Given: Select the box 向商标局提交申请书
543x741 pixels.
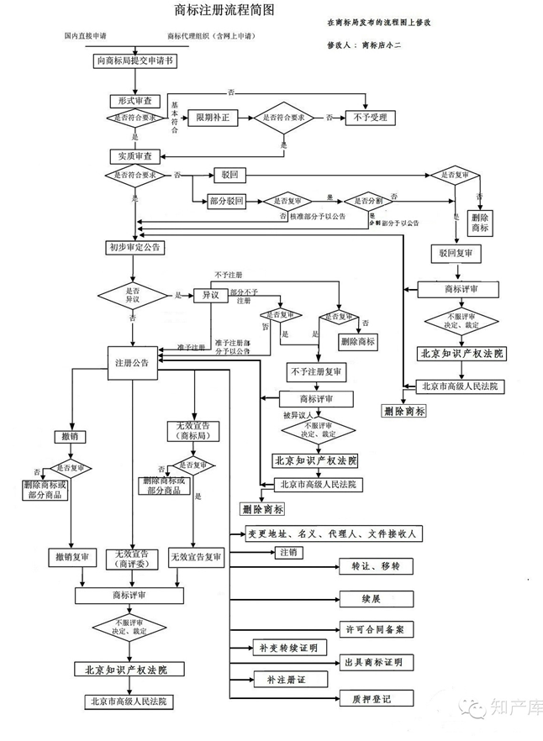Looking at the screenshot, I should (x=134, y=61).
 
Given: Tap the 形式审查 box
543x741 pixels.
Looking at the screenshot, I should (x=134, y=100).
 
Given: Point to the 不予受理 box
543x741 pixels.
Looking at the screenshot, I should (x=369, y=118).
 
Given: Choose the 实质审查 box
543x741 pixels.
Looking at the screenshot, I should (x=134, y=155).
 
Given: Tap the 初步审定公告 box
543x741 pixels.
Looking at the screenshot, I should (x=134, y=247).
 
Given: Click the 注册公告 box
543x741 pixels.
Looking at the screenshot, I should (x=132, y=362).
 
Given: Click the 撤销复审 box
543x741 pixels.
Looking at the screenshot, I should (x=71, y=557).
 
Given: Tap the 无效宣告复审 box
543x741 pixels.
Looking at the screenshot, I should (x=196, y=557).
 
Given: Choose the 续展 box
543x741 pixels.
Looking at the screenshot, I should (x=372, y=599).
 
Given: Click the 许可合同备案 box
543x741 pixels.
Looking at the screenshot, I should (x=375, y=628).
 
